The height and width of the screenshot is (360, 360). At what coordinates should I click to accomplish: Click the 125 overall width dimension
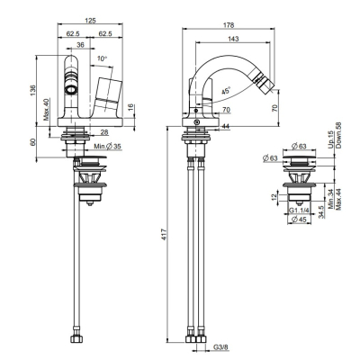[x=90, y=21]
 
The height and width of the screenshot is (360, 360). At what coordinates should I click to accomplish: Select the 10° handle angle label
[x=103, y=58]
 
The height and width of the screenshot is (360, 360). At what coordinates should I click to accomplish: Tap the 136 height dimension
[x=32, y=90]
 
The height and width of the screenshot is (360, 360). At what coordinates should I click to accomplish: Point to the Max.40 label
[x=46, y=110]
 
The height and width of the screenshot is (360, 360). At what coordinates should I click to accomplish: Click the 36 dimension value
[x=80, y=45]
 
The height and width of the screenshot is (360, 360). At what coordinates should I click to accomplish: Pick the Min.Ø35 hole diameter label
[x=107, y=147]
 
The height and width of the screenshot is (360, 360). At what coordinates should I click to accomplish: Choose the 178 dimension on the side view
[x=229, y=25]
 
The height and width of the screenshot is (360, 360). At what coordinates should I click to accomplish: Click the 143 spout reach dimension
[x=233, y=39]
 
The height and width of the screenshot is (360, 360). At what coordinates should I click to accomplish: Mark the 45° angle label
[x=226, y=91]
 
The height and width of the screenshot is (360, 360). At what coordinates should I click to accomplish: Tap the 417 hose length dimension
[x=164, y=234]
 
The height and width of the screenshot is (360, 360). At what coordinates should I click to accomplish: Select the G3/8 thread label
[x=220, y=347]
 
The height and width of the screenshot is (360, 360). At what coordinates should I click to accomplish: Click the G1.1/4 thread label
[x=299, y=211]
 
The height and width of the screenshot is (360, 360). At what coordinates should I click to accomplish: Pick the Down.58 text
[x=339, y=135]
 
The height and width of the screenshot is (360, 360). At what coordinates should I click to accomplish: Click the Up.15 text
[x=330, y=139]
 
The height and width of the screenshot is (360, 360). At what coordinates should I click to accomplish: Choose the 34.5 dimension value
[x=320, y=211]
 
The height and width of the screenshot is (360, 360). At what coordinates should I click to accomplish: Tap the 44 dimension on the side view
[x=226, y=126]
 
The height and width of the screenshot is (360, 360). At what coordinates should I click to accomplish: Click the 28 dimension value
[x=104, y=132]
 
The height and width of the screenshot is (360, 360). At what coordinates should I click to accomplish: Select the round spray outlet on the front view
[x=71, y=89]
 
